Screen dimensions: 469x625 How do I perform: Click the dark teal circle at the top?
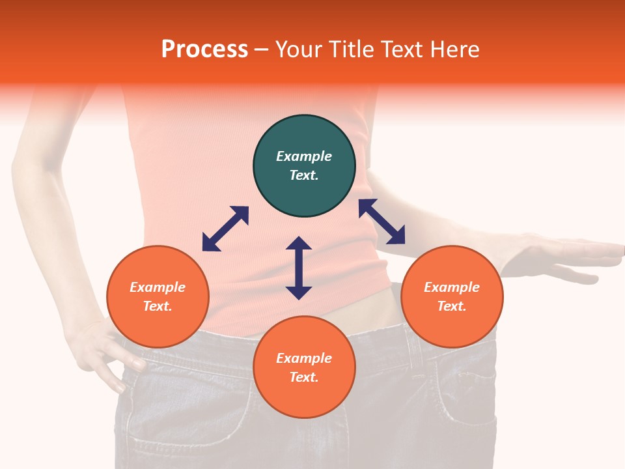point(304,166)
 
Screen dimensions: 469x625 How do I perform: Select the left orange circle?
point(158,296)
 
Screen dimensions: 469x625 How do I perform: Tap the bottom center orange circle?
point(304,367)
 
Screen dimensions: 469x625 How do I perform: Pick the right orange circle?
point(452,296)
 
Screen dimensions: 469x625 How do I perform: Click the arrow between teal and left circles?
point(225,229)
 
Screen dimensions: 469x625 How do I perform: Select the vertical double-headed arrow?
point(299,268)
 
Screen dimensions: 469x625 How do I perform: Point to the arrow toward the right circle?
point(382,221)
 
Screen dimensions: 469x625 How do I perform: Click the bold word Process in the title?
point(204,50)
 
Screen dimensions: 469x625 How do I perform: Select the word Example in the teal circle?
point(304,156)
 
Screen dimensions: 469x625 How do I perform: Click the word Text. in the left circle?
point(158,306)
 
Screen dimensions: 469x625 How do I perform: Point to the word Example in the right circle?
point(452,287)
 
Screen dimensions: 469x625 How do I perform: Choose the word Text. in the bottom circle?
point(304,377)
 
